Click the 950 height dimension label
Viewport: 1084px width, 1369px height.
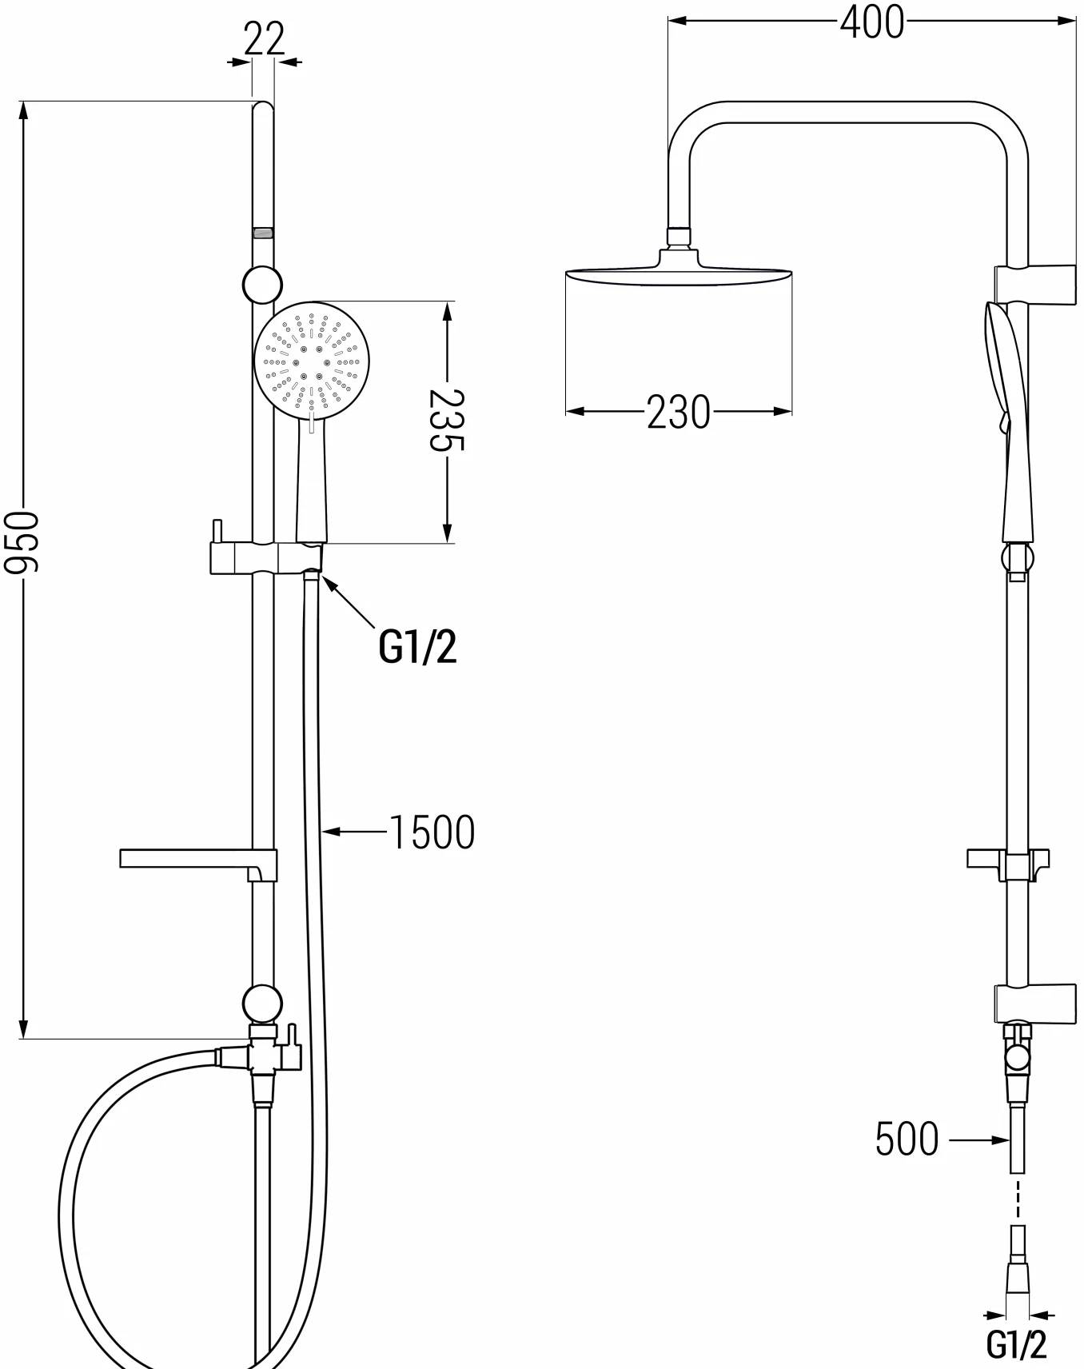point(22,543)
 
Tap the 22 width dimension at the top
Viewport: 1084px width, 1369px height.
point(264,38)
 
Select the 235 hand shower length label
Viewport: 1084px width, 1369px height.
point(446,421)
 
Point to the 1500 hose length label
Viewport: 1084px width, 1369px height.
point(432,832)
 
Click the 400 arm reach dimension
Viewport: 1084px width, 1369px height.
point(872,22)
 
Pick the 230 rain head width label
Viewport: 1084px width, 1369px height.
point(678,413)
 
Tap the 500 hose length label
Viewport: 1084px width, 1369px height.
point(907,1139)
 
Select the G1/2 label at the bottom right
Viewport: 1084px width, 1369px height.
point(1016,1343)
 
